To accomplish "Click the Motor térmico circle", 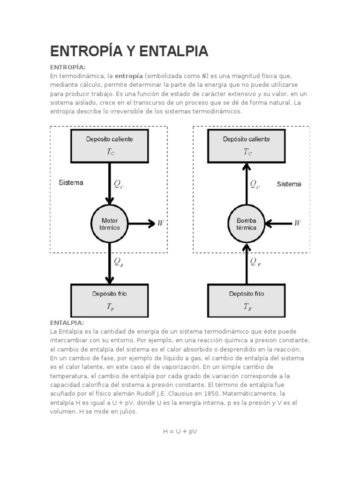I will (x=110, y=224).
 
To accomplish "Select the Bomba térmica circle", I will (x=247, y=224).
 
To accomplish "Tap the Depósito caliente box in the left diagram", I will (x=109, y=144).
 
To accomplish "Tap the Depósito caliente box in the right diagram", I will (x=247, y=144).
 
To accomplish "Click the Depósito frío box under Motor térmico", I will (x=109, y=300).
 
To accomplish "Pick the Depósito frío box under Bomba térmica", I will (x=247, y=300).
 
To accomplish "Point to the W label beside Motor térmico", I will (x=161, y=224).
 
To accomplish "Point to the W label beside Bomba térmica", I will (x=298, y=223).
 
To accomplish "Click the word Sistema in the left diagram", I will (x=71, y=182).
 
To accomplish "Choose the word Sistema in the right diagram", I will (x=289, y=184).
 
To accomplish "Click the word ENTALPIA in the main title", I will (x=172, y=51).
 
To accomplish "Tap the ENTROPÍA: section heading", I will (x=68, y=67).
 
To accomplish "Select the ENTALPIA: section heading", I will (x=67, y=323).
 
